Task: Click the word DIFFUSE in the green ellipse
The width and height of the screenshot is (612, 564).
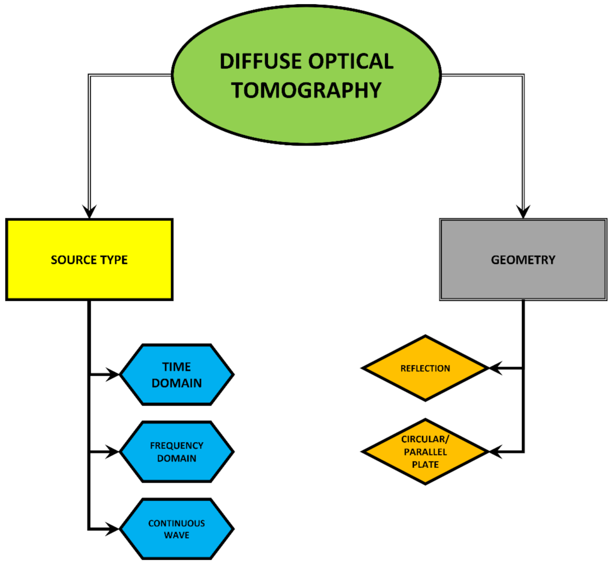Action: tap(260, 62)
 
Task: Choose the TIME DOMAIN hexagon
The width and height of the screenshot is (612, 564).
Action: tap(177, 375)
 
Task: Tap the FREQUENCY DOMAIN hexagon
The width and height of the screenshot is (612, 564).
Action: tap(177, 452)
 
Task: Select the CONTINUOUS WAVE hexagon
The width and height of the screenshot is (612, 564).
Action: tap(177, 529)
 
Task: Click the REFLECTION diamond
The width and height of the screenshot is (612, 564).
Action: tap(425, 368)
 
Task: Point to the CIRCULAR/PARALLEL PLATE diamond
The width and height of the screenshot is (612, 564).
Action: tap(425, 451)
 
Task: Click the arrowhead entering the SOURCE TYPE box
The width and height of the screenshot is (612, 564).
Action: tap(89, 211)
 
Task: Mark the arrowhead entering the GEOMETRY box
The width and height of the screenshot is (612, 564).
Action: tap(523, 211)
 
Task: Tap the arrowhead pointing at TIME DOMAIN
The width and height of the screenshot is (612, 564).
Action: tap(113, 375)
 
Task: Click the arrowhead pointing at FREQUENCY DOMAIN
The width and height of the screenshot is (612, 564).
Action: tap(113, 452)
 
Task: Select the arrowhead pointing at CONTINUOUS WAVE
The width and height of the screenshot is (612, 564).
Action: tap(113, 529)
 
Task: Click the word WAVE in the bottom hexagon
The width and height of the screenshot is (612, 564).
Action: tap(177, 535)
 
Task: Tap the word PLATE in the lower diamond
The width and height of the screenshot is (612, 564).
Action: tap(425, 465)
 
